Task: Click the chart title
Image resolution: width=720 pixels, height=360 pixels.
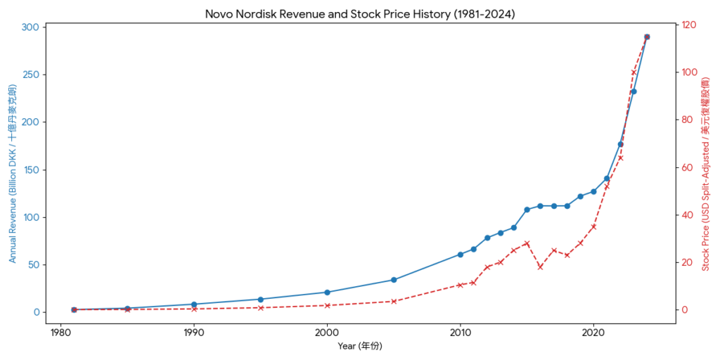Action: (x=359, y=13)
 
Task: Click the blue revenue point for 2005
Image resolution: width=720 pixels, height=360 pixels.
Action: (x=394, y=280)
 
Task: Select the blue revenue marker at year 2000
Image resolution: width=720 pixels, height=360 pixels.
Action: (x=327, y=292)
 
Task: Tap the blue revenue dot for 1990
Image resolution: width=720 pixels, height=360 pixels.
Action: (x=193, y=304)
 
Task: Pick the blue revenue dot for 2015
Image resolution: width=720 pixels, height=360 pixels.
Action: (x=527, y=210)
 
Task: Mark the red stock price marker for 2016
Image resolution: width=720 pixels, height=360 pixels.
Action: (x=540, y=267)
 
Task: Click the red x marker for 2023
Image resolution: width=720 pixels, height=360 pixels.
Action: (x=634, y=72)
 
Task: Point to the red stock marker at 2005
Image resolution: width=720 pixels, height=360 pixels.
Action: (x=394, y=302)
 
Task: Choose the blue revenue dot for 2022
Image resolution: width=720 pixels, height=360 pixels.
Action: (x=620, y=144)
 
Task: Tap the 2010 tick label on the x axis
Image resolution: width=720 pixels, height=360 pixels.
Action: (x=461, y=332)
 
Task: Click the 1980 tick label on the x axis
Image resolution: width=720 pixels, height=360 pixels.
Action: (x=60, y=332)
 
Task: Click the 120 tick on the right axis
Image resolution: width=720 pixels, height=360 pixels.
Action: (x=688, y=25)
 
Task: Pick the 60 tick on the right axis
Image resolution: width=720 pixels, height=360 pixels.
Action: (x=686, y=168)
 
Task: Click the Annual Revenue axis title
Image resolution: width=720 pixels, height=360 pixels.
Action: (x=13, y=173)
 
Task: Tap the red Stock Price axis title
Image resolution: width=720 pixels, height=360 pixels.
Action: (x=706, y=173)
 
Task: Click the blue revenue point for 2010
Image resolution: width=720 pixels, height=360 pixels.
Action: (x=461, y=255)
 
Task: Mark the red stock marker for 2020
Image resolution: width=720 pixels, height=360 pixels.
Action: (x=593, y=226)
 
